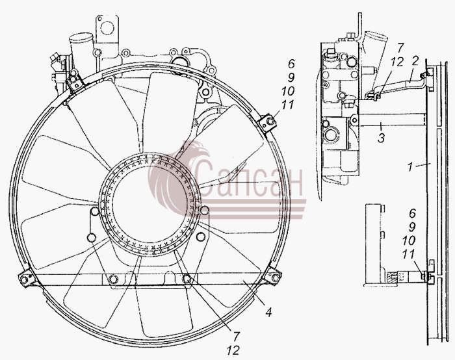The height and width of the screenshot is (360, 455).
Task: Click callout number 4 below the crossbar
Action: click(x=269, y=313)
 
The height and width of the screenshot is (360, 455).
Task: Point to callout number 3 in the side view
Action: click(x=381, y=138)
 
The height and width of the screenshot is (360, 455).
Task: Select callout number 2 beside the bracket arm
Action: click(x=415, y=61)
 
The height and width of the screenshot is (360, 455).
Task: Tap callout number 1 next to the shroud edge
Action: click(x=410, y=167)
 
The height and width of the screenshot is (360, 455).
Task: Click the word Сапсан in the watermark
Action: click(x=249, y=178)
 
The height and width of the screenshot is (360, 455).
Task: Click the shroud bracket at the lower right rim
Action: click(x=272, y=276)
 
